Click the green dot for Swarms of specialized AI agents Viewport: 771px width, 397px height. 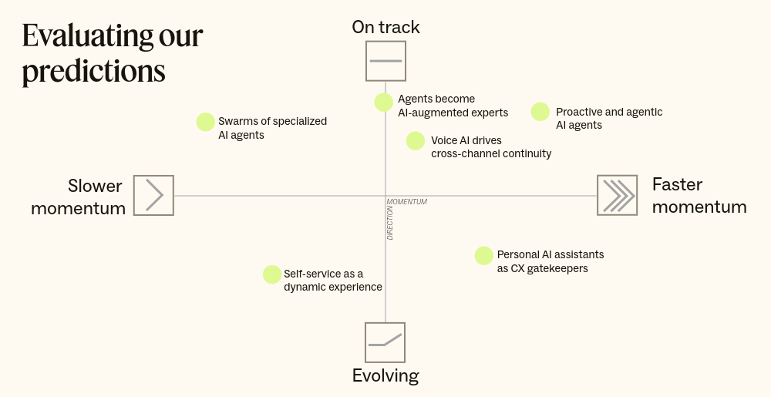(205, 122)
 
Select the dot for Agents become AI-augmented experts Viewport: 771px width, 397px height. (384, 103)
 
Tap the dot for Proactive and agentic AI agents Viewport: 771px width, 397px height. (540, 112)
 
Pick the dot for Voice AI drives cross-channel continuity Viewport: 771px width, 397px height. (416, 141)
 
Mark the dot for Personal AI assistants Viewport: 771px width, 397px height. (483, 256)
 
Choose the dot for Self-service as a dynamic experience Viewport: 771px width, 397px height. (272, 274)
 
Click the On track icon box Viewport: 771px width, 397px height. (385, 61)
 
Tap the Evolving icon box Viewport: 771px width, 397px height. (385, 342)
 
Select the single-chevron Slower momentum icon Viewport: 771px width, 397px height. (153, 195)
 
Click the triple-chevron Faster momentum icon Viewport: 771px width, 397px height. (617, 195)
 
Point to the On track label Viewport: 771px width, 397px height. (385, 28)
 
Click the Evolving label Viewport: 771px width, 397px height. (385, 376)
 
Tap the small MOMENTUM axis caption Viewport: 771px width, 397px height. (407, 202)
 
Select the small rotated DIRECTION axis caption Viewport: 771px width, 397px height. (390, 223)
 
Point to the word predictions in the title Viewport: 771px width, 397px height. (93, 72)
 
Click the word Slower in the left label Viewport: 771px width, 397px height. (95, 186)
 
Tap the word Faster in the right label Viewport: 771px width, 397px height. (678, 184)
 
